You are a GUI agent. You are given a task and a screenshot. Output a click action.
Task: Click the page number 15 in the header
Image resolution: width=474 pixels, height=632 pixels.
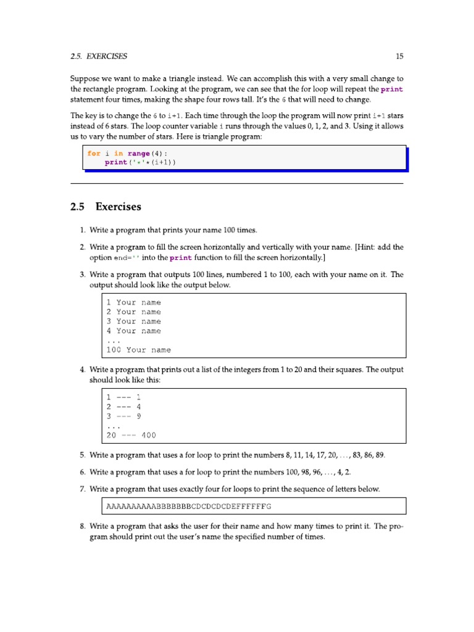[399, 56]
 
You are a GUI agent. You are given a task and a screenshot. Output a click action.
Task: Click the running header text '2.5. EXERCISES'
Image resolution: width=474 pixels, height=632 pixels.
[99, 56]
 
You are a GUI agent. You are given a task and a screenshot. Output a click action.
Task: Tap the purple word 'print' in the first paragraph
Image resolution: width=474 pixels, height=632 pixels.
[392, 89]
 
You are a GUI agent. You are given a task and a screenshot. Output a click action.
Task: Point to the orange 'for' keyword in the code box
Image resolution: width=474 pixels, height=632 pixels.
[94, 154]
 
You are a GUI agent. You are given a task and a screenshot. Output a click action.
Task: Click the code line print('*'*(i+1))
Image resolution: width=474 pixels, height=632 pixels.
[140, 162]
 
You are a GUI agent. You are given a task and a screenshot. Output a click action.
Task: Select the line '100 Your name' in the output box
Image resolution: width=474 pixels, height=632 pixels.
[138, 350]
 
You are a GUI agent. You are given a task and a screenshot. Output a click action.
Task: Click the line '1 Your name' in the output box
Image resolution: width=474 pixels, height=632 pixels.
[133, 302]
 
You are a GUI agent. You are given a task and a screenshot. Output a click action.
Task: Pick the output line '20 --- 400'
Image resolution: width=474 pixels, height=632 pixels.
[131, 435]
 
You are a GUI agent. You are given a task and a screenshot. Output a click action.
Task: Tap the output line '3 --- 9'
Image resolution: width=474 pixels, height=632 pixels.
[124, 416]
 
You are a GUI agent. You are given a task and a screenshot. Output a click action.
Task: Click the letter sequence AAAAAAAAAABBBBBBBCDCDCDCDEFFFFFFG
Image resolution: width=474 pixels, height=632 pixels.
[189, 506]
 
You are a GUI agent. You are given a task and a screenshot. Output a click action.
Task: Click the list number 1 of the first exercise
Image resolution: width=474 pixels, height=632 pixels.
[82, 230]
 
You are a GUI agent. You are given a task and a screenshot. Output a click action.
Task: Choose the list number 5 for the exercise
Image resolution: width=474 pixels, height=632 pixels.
[82, 455]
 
